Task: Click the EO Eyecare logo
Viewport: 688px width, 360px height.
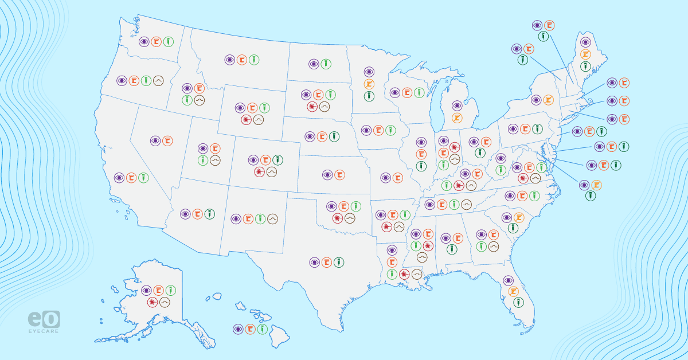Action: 44,321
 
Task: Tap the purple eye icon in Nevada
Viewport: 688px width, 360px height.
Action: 155,140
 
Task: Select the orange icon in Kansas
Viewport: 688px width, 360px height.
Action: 339,174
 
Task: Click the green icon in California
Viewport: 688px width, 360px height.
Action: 143,178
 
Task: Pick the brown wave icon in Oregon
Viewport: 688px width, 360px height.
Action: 158,81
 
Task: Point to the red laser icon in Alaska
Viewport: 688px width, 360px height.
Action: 153,302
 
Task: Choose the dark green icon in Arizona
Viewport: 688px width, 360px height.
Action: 210,213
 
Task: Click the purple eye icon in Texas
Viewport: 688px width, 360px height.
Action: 314,262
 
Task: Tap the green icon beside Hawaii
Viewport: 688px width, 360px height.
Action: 263,329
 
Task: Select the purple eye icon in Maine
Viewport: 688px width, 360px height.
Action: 585,42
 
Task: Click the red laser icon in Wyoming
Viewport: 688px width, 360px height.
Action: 246,119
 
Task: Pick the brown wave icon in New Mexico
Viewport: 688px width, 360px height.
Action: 273,218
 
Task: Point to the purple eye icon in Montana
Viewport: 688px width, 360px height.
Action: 229,59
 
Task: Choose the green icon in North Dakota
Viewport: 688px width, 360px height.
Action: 326,64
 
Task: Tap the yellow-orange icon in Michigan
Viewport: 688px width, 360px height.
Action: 457,118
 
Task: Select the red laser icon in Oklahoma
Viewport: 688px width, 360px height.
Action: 337,218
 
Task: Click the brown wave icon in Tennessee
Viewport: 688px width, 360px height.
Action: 467,204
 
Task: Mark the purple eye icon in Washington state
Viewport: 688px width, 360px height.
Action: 144,42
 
